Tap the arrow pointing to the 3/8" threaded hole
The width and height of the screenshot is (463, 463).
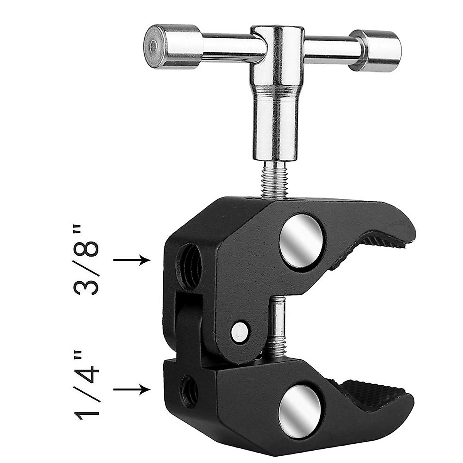click(x=132, y=260)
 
